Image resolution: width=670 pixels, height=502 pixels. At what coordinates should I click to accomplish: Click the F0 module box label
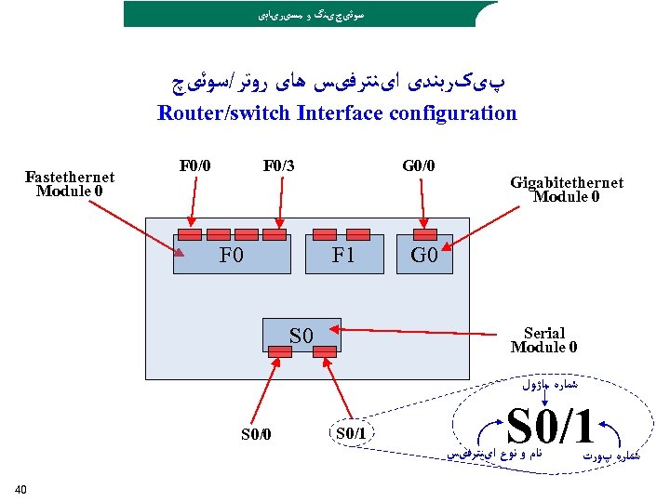click(x=231, y=255)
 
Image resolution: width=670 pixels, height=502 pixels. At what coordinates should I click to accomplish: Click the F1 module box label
click(x=344, y=255)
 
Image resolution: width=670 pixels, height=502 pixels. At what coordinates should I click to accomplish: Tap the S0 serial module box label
click(x=301, y=335)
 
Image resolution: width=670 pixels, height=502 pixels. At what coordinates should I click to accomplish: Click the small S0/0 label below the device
click(x=256, y=433)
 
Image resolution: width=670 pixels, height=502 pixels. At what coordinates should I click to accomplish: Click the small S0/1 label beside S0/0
click(x=350, y=433)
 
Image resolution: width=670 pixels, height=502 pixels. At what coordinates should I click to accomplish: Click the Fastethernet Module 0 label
click(x=70, y=184)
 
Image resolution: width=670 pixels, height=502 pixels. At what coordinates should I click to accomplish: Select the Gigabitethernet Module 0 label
click(x=567, y=190)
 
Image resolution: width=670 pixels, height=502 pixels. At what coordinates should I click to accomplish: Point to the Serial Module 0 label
click(x=543, y=340)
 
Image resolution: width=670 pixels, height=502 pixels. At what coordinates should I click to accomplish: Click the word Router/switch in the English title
click(x=219, y=113)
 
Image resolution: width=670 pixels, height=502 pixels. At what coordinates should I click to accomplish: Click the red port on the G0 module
click(x=425, y=233)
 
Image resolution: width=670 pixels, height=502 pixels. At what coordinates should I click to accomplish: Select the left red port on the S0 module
click(x=279, y=351)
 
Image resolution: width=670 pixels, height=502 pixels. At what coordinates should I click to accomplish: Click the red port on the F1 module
click(x=324, y=233)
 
